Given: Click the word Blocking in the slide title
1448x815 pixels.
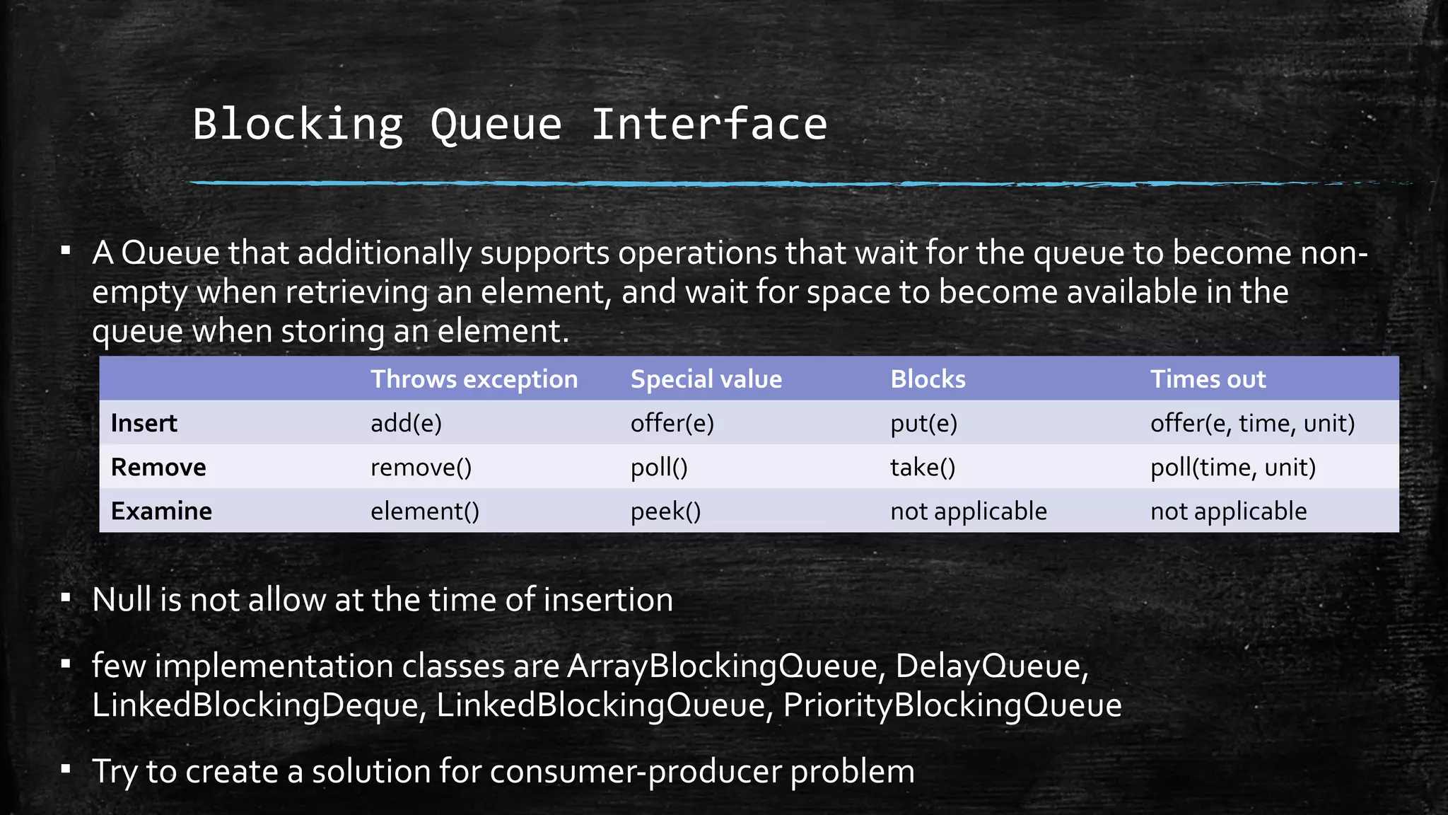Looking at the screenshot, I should [x=298, y=125].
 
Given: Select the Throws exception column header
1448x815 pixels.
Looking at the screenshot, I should [x=474, y=379].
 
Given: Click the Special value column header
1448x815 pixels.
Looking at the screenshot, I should [x=706, y=379].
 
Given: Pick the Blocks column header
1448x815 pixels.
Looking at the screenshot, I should [x=928, y=379].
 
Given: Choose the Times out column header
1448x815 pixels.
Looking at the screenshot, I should [x=1208, y=379].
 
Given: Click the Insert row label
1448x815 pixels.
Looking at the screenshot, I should [x=144, y=423].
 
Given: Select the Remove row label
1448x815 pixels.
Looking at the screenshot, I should [x=158, y=467].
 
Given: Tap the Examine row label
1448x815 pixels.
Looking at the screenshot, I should [x=161, y=511].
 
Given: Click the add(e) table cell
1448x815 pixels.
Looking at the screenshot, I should [x=406, y=423].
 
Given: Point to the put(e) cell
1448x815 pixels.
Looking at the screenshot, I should [x=923, y=423].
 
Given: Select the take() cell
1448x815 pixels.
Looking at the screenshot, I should [x=923, y=467].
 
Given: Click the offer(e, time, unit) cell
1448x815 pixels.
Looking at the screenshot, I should [x=1252, y=423].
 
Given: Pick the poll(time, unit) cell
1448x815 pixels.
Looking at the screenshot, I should [x=1232, y=467].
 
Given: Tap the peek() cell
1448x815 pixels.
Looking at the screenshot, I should [x=665, y=511].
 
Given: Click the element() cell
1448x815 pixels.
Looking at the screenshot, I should [x=424, y=511].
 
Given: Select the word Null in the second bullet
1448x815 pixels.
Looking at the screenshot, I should [x=120, y=600].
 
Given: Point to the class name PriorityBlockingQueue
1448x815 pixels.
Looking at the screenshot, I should [x=952, y=705].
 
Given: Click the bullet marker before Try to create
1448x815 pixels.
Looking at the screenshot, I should [x=66, y=769].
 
